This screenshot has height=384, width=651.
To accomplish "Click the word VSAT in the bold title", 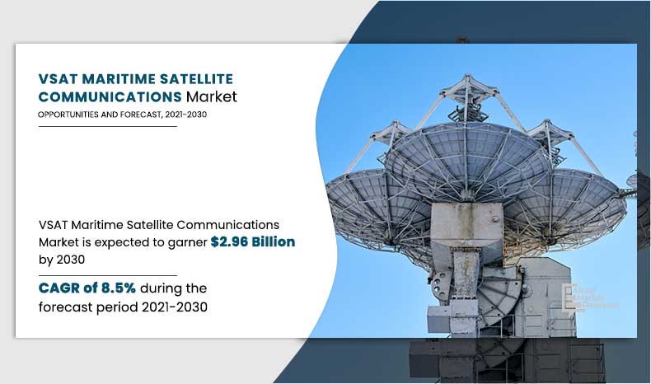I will pyautogui.click(x=57, y=79).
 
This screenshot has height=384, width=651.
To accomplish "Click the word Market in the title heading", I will pyautogui.click(x=211, y=96).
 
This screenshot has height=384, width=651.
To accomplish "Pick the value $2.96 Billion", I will pyautogui.click(x=253, y=242).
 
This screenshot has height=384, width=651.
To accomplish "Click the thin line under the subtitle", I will pyautogui.click(x=107, y=127).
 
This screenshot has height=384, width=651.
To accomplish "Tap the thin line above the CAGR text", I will pyautogui.click(x=107, y=275).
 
